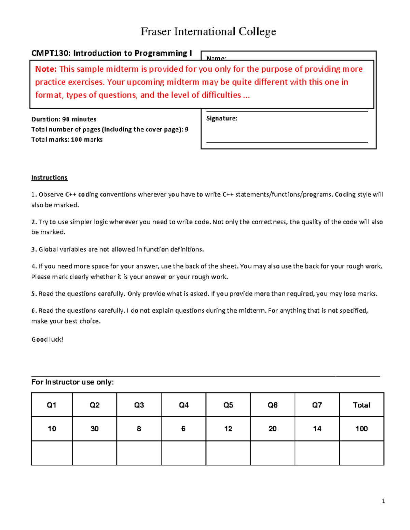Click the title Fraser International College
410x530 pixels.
click(x=208, y=32)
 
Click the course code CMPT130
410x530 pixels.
click(x=51, y=53)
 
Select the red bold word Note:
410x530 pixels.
click(x=46, y=69)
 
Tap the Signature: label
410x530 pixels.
click(x=221, y=118)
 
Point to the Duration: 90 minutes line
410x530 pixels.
click(x=64, y=119)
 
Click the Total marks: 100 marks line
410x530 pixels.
click(x=67, y=140)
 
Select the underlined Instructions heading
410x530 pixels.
click(x=50, y=177)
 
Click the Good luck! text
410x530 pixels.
click(x=47, y=339)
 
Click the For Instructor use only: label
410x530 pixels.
click(x=72, y=382)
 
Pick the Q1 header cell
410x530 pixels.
click(x=52, y=405)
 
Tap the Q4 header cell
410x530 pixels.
click(x=183, y=405)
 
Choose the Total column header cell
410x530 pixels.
click(x=361, y=405)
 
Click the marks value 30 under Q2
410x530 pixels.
click(x=95, y=429)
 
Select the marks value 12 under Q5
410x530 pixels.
click(x=228, y=429)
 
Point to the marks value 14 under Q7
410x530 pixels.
click(x=317, y=429)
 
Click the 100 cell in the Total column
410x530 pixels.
click(x=361, y=429)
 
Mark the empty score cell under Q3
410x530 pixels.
click(x=139, y=453)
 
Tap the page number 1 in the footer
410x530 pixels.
click(x=383, y=501)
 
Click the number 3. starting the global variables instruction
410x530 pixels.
click(x=34, y=249)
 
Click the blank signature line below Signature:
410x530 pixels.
click(x=287, y=141)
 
